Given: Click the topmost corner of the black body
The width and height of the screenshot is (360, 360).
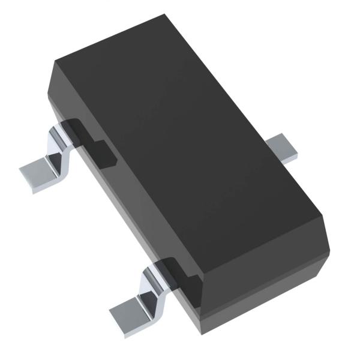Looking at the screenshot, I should point(163,17).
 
